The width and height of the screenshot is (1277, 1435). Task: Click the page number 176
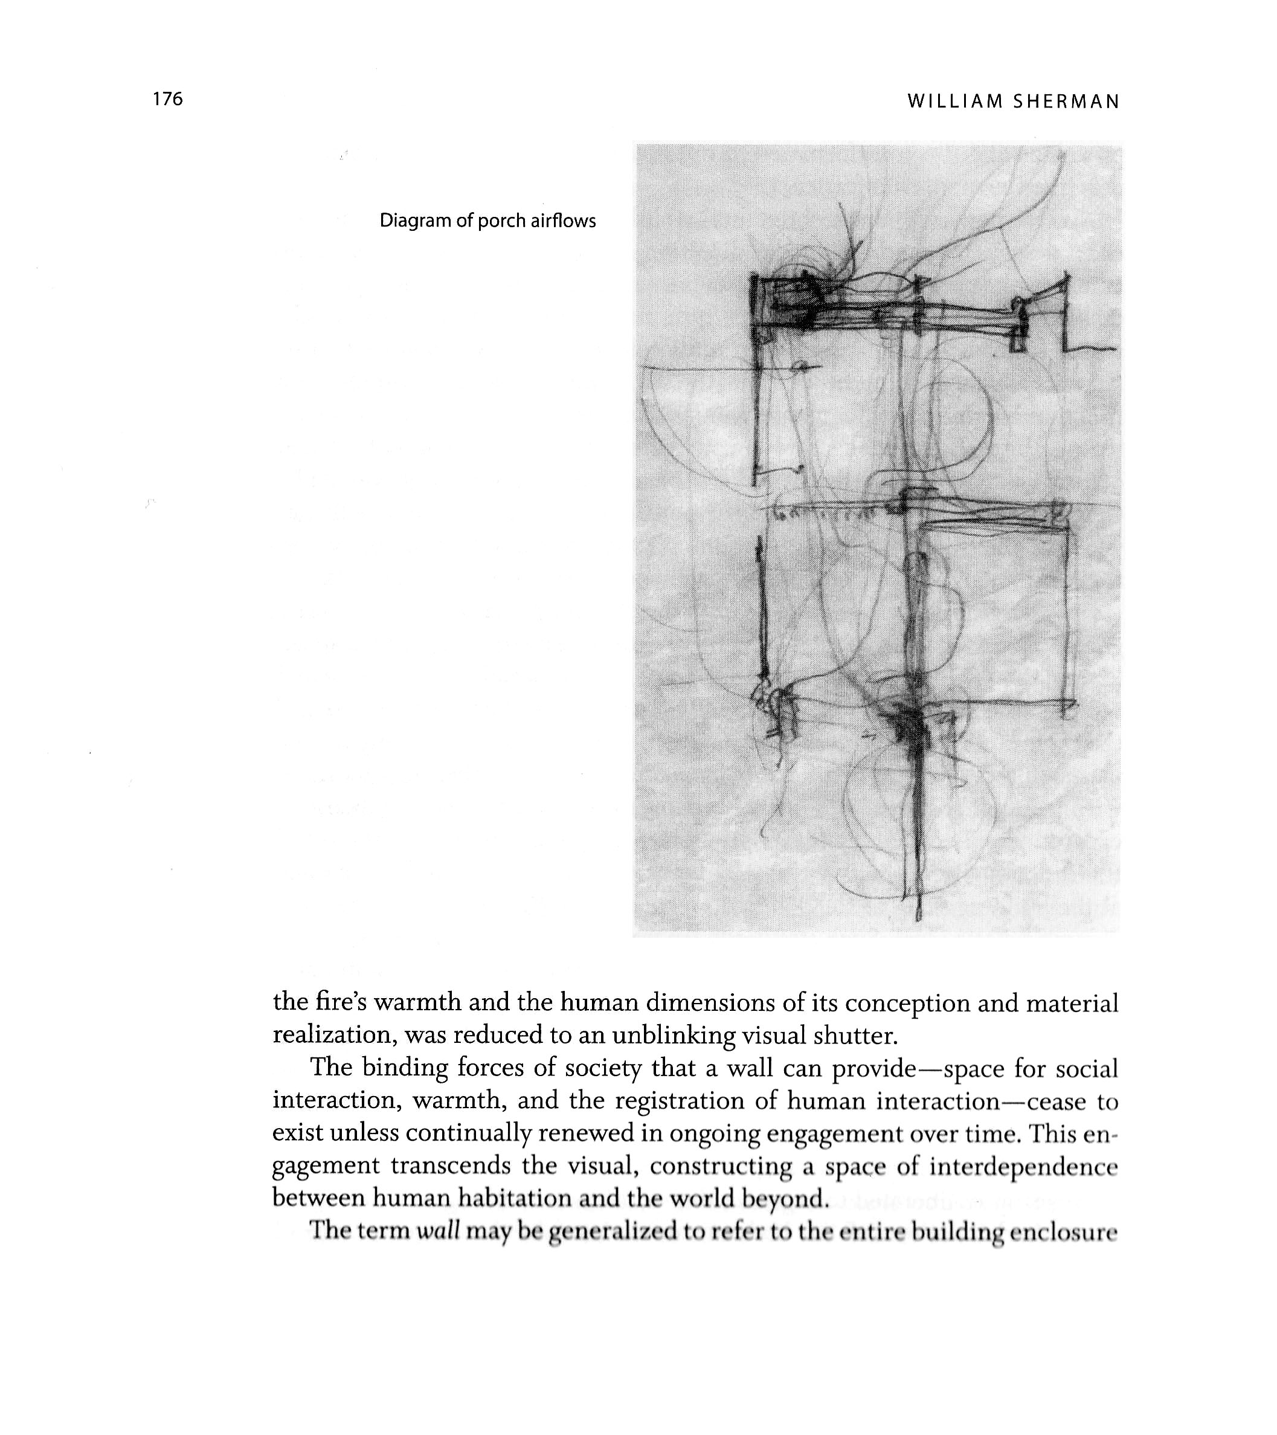click(168, 99)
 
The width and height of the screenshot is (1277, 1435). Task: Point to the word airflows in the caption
click(562, 221)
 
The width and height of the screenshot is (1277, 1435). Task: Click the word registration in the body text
click(679, 1101)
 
